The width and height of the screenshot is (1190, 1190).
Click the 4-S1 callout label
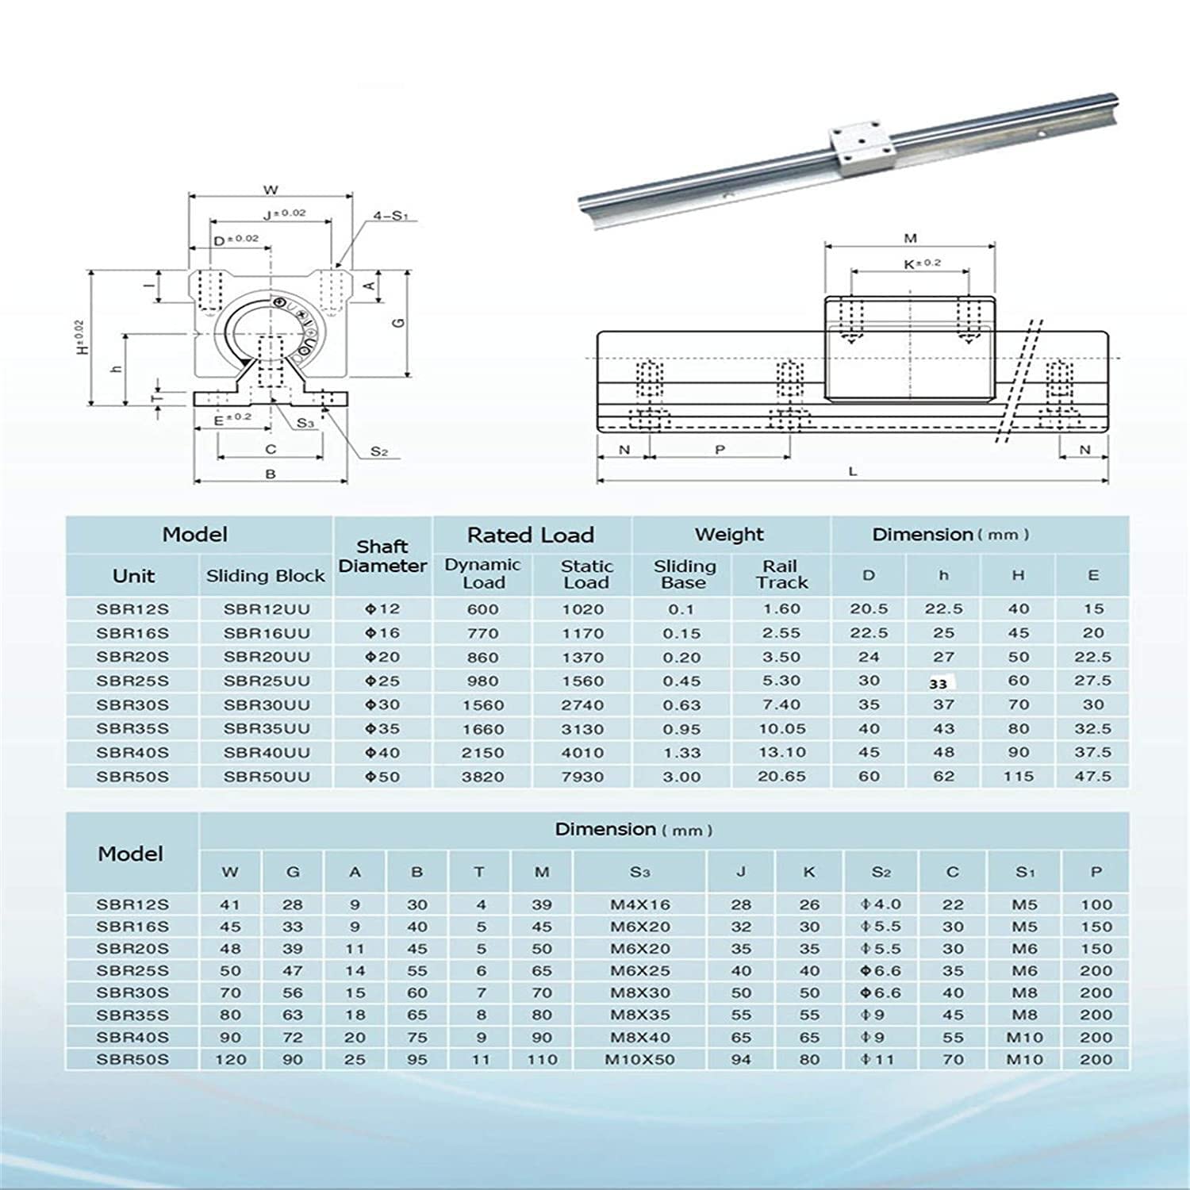click(390, 216)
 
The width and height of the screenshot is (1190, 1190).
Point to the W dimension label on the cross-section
click(271, 190)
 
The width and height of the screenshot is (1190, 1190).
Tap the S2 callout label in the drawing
click(379, 452)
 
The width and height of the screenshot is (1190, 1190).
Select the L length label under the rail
click(853, 471)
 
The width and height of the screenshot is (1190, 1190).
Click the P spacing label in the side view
click(720, 450)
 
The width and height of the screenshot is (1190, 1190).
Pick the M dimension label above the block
click(910, 238)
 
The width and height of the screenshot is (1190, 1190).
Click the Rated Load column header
click(530, 535)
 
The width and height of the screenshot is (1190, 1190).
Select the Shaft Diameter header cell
click(382, 556)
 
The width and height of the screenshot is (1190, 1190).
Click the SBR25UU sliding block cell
click(266, 681)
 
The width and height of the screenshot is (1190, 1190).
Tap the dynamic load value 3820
click(482, 777)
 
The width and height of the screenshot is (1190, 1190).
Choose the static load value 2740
click(582, 705)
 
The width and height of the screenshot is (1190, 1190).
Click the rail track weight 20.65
click(781, 777)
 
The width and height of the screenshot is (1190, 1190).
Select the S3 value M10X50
click(639, 1059)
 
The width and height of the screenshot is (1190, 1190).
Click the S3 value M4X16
click(639, 904)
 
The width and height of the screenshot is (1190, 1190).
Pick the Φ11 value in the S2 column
click(880, 1059)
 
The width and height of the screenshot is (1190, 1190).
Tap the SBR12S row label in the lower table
click(132, 904)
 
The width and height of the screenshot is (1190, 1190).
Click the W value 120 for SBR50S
click(230, 1059)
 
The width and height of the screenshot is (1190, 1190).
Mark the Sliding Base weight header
click(684, 574)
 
